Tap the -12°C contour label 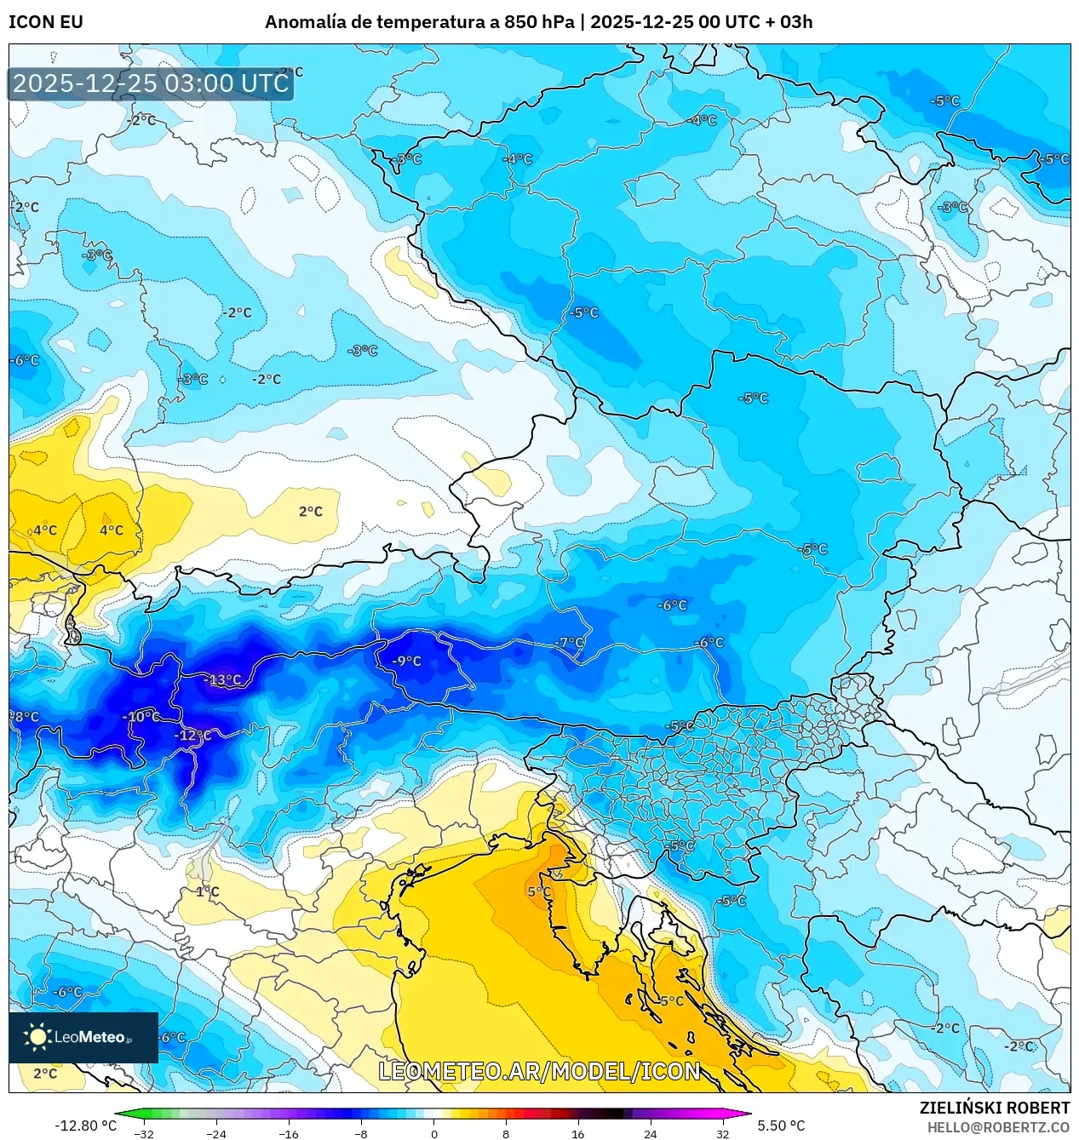tap(193, 735)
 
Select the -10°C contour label tap(141, 716)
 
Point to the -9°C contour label tap(407, 661)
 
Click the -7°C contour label tap(571, 642)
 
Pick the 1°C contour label tap(208, 891)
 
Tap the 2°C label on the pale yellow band tap(311, 511)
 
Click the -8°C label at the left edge tap(25, 717)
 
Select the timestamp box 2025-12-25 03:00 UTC tap(151, 83)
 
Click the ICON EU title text tap(46, 22)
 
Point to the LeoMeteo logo tap(83, 1036)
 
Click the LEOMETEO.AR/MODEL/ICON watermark tap(539, 1071)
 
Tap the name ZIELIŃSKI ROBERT tap(994, 1108)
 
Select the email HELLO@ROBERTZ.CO tap(998, 1127)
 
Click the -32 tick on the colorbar tap(144, 1133)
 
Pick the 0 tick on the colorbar tap(433, 1133)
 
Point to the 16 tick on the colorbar tap(578, 1133)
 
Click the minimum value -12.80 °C tap(85, 1126)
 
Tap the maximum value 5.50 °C tap(781, 1126)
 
